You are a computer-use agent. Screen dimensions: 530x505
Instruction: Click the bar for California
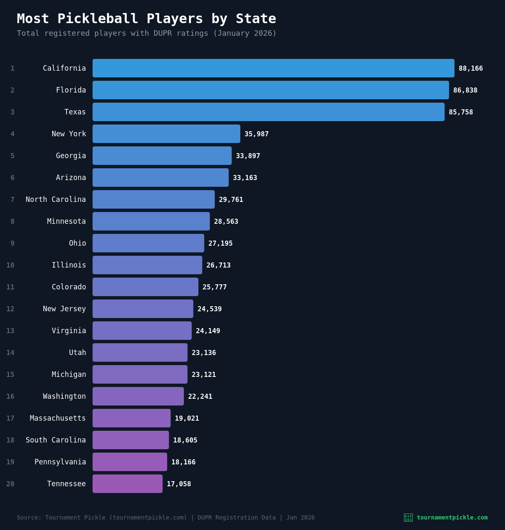click(x=274, y=68)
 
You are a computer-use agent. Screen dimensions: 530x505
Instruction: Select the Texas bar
click(x=268, y=112)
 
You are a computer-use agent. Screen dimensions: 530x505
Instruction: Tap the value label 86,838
click(x=465, y=90)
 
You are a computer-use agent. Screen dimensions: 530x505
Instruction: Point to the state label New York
click(x=69, y=134)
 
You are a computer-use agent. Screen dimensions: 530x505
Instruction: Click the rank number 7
click(x=12, y=200)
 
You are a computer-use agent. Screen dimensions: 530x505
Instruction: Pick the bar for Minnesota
click(x=151, y=221)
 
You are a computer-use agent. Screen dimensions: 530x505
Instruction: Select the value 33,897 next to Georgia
click(x=248, y=156)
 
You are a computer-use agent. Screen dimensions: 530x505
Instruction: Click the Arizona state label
click(x=71, y=178)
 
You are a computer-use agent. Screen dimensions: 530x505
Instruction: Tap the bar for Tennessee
click(x=128, y=484)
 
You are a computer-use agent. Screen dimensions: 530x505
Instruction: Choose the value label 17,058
click(x=179, y=484)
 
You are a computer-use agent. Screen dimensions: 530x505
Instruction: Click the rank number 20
click(x=10, y=484)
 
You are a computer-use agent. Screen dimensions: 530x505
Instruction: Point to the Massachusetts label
click(x=58, y=418)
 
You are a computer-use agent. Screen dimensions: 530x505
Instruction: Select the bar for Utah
click(x=140, y=352)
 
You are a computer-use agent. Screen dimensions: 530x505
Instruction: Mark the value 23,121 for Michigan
click(x=204, y=375)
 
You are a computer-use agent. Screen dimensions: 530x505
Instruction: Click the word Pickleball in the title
click(x=98, y=19)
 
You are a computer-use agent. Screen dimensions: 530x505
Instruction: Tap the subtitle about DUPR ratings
click(x=146, y=33)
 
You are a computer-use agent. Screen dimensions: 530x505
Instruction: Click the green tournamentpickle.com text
click(x=452, y=517)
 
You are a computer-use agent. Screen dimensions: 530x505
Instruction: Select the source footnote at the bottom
click(x=165, y=517)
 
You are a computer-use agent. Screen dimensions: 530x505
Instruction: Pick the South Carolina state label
click(x=56, y=440)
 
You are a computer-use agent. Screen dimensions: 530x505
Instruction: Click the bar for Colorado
click(x=145, y=287)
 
